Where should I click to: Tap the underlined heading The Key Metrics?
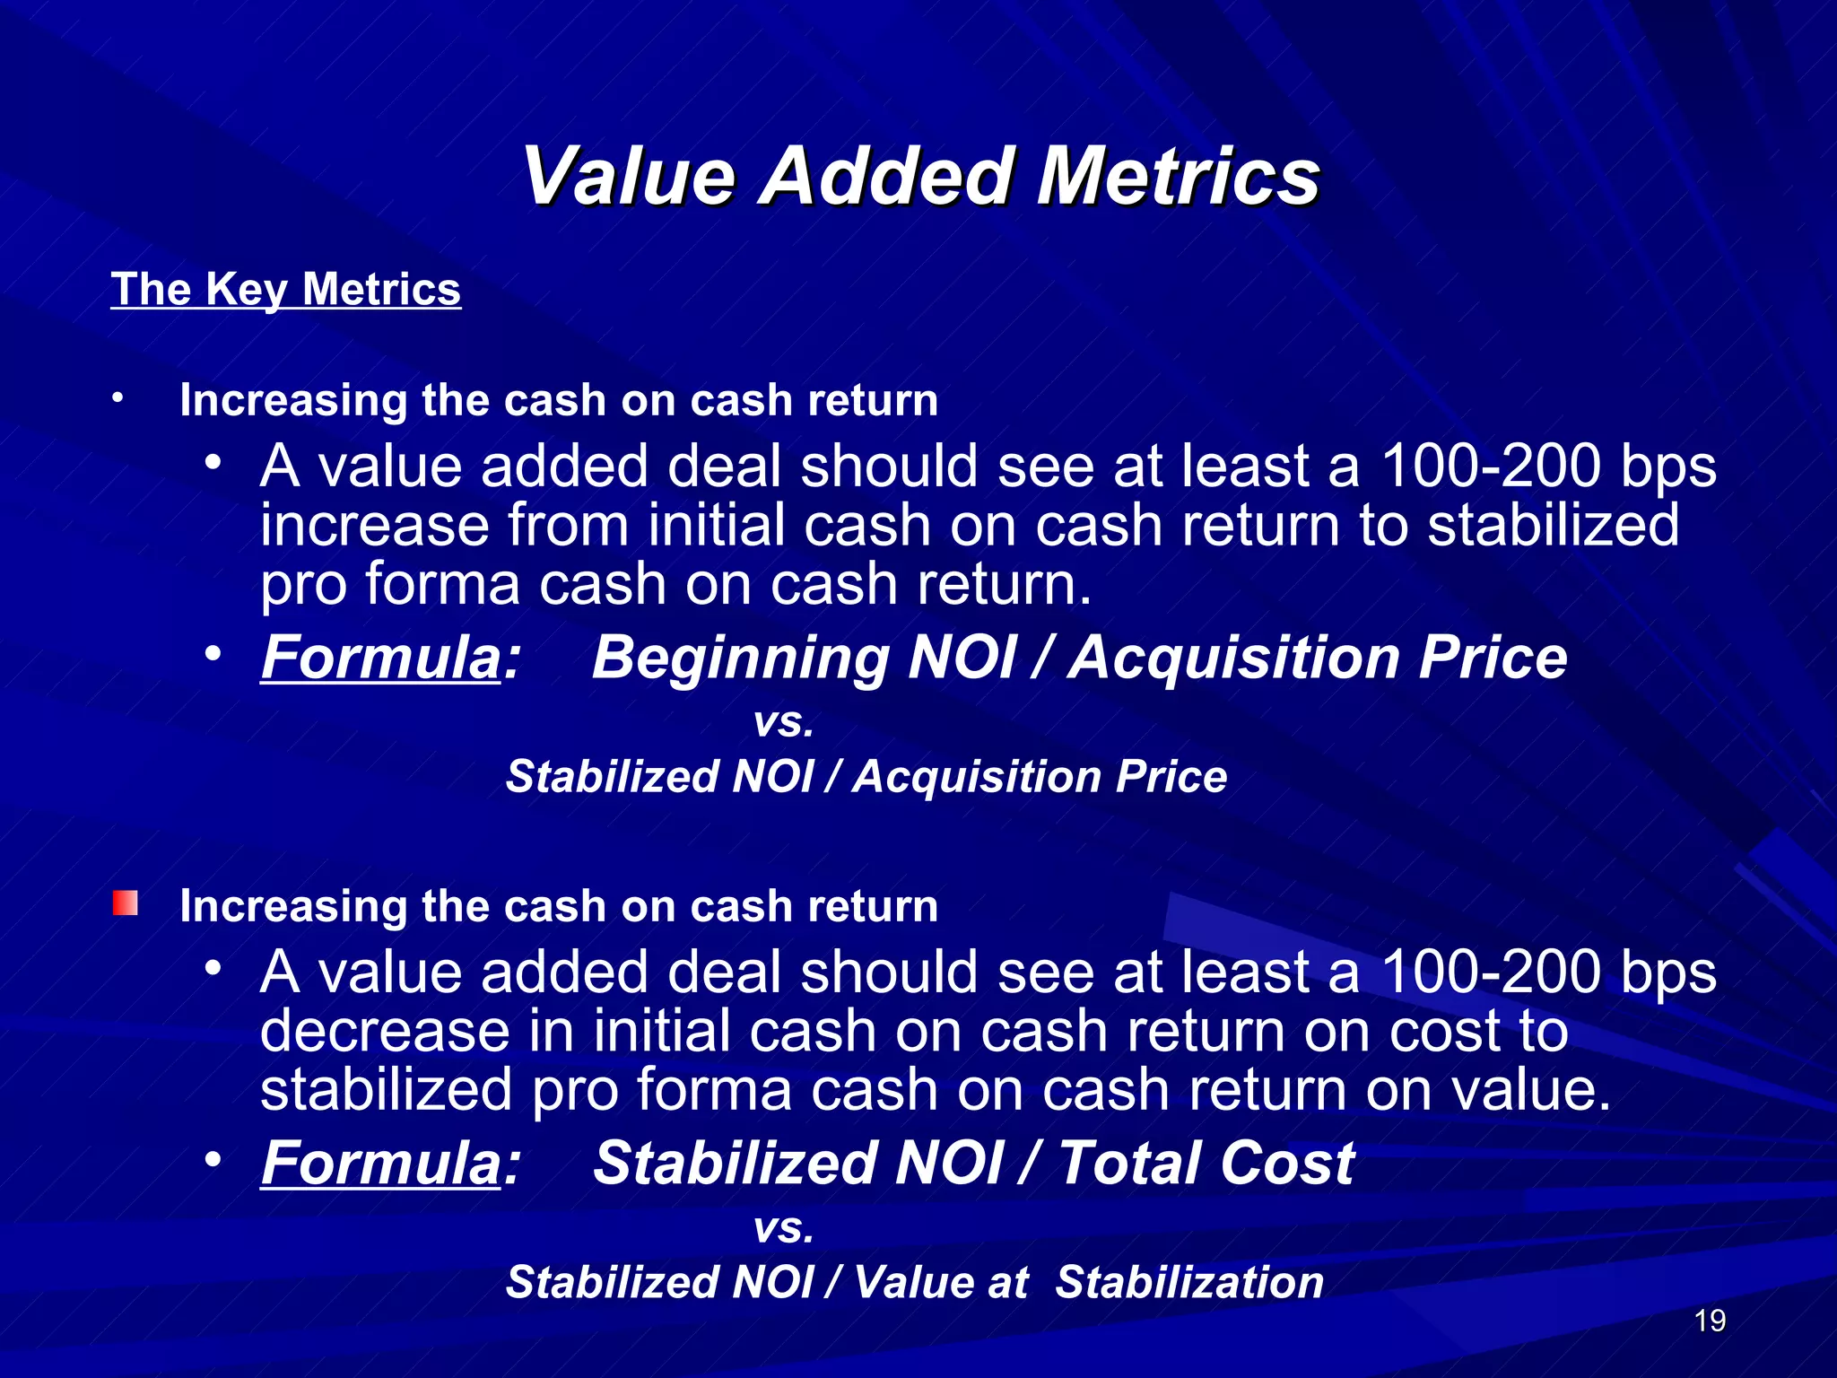point(285,290)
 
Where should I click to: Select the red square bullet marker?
point(126,903)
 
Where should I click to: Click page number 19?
point(1710,1321)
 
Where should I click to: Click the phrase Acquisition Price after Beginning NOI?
point(1318,658)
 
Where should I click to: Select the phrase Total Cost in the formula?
point(1206,1164)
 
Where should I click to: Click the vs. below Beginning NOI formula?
point(784,722)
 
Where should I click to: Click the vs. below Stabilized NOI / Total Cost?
point(784,1228)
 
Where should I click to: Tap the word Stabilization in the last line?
point(1189,1282)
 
